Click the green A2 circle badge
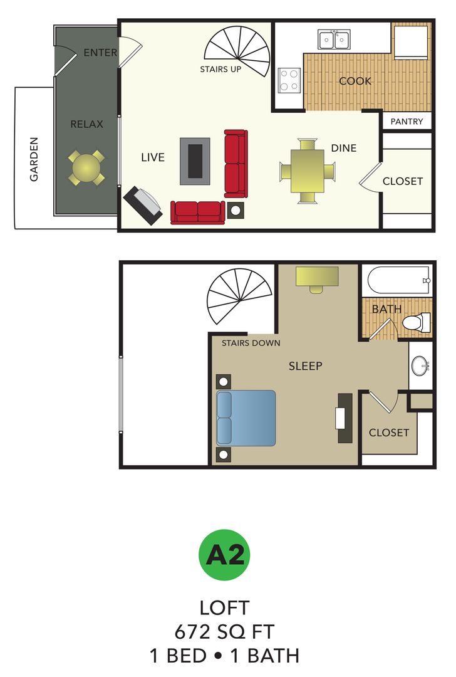224,555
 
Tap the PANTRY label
407,122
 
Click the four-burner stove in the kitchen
289,80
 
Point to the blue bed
246,417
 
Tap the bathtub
398,280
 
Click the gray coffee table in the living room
195,161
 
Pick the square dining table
307,171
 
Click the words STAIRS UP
220,69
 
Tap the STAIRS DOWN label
251,343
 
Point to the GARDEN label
34,159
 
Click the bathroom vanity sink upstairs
420,365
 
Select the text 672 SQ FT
224,631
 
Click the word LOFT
224,607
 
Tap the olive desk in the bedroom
317,276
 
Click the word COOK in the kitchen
355,81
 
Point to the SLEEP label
305,365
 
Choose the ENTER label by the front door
100,53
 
